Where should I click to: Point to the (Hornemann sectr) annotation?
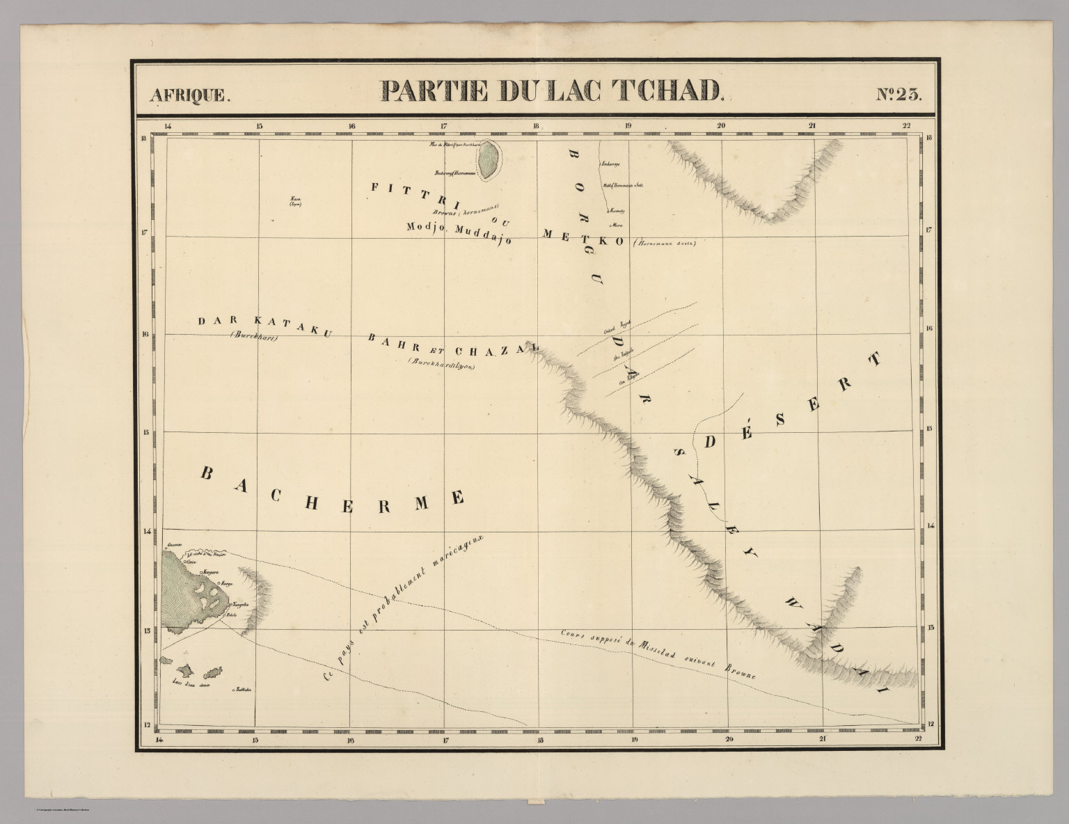coord(664,243)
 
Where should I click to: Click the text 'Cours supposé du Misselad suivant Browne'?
coord(658,653)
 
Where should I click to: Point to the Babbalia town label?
coord(241,690)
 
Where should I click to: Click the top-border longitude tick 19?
coord(628,127)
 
